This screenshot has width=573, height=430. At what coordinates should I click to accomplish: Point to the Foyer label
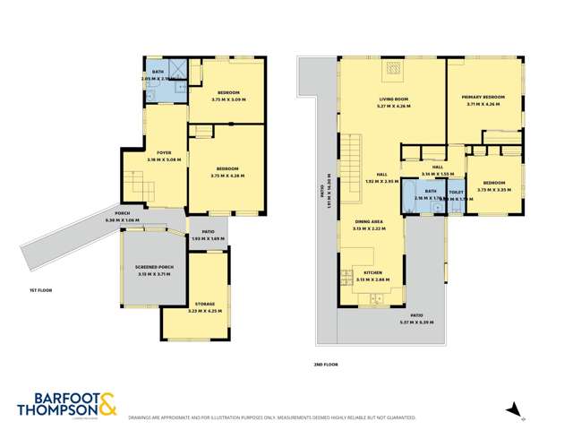164,153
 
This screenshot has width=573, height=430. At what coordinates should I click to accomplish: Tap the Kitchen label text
372,272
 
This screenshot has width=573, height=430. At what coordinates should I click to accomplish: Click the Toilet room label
456,193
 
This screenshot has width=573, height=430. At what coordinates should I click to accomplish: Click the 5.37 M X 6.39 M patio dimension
416,321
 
